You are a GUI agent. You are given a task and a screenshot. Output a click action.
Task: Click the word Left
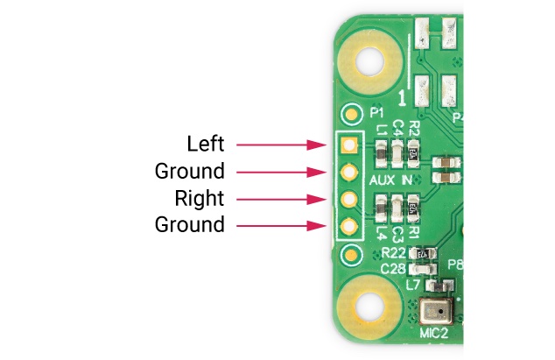[x=206, y=143]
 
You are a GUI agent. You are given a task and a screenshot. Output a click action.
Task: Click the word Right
[x=200, y=197]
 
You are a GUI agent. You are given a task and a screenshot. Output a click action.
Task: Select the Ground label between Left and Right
[x=190, y=170]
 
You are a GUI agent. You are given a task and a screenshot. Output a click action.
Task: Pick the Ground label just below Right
[x=190, y=224]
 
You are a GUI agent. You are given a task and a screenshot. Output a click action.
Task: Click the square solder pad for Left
[x=349, y=144]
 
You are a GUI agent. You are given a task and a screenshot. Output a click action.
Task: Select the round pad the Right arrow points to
[x=349, y=199]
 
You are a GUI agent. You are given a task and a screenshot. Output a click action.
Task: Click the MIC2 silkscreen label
[x=435, y=334]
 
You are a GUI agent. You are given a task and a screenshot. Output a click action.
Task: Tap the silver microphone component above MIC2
[x=434, y=311]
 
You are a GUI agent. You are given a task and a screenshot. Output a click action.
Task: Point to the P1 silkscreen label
[x=378, y=114]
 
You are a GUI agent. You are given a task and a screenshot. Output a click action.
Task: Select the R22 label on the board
[x=395, y=252]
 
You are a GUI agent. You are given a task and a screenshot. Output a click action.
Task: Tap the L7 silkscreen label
[x=413, y=284]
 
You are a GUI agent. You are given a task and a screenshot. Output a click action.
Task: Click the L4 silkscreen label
[x=381, y=234]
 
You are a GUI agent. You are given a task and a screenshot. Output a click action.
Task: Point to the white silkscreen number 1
[x=403, y=98]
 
